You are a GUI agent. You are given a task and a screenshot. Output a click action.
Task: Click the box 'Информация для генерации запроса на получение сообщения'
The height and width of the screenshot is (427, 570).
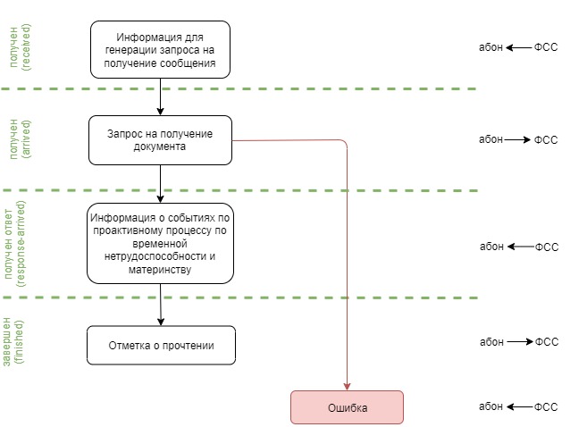coord(160,49)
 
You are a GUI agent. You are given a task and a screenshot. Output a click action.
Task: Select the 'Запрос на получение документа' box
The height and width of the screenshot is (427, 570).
coord(160,139)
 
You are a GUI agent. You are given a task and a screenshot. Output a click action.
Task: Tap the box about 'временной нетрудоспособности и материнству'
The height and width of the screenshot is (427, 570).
coord(160,241)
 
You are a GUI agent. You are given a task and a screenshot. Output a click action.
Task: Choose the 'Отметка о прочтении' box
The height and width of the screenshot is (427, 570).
coord(160,345)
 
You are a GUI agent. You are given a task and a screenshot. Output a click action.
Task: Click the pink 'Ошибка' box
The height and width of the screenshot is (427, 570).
coord(347,407)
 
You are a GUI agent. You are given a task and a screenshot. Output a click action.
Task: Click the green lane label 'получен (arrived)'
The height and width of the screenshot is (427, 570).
coord(19,139)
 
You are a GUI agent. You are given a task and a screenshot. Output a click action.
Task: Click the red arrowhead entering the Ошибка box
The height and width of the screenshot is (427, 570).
coord(347,385)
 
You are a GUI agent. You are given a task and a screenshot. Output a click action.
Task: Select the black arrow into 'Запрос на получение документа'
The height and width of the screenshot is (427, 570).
coord(160,110)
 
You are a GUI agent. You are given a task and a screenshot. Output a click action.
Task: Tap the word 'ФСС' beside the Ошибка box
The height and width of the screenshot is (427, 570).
coord(546,407)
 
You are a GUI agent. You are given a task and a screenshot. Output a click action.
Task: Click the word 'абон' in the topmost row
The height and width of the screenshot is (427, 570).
coord(490,47)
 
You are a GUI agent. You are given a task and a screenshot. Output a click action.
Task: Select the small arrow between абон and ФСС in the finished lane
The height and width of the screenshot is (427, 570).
coord(519,341)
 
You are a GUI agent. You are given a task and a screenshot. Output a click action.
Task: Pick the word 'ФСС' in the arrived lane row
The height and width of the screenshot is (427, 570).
coord(545,140)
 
